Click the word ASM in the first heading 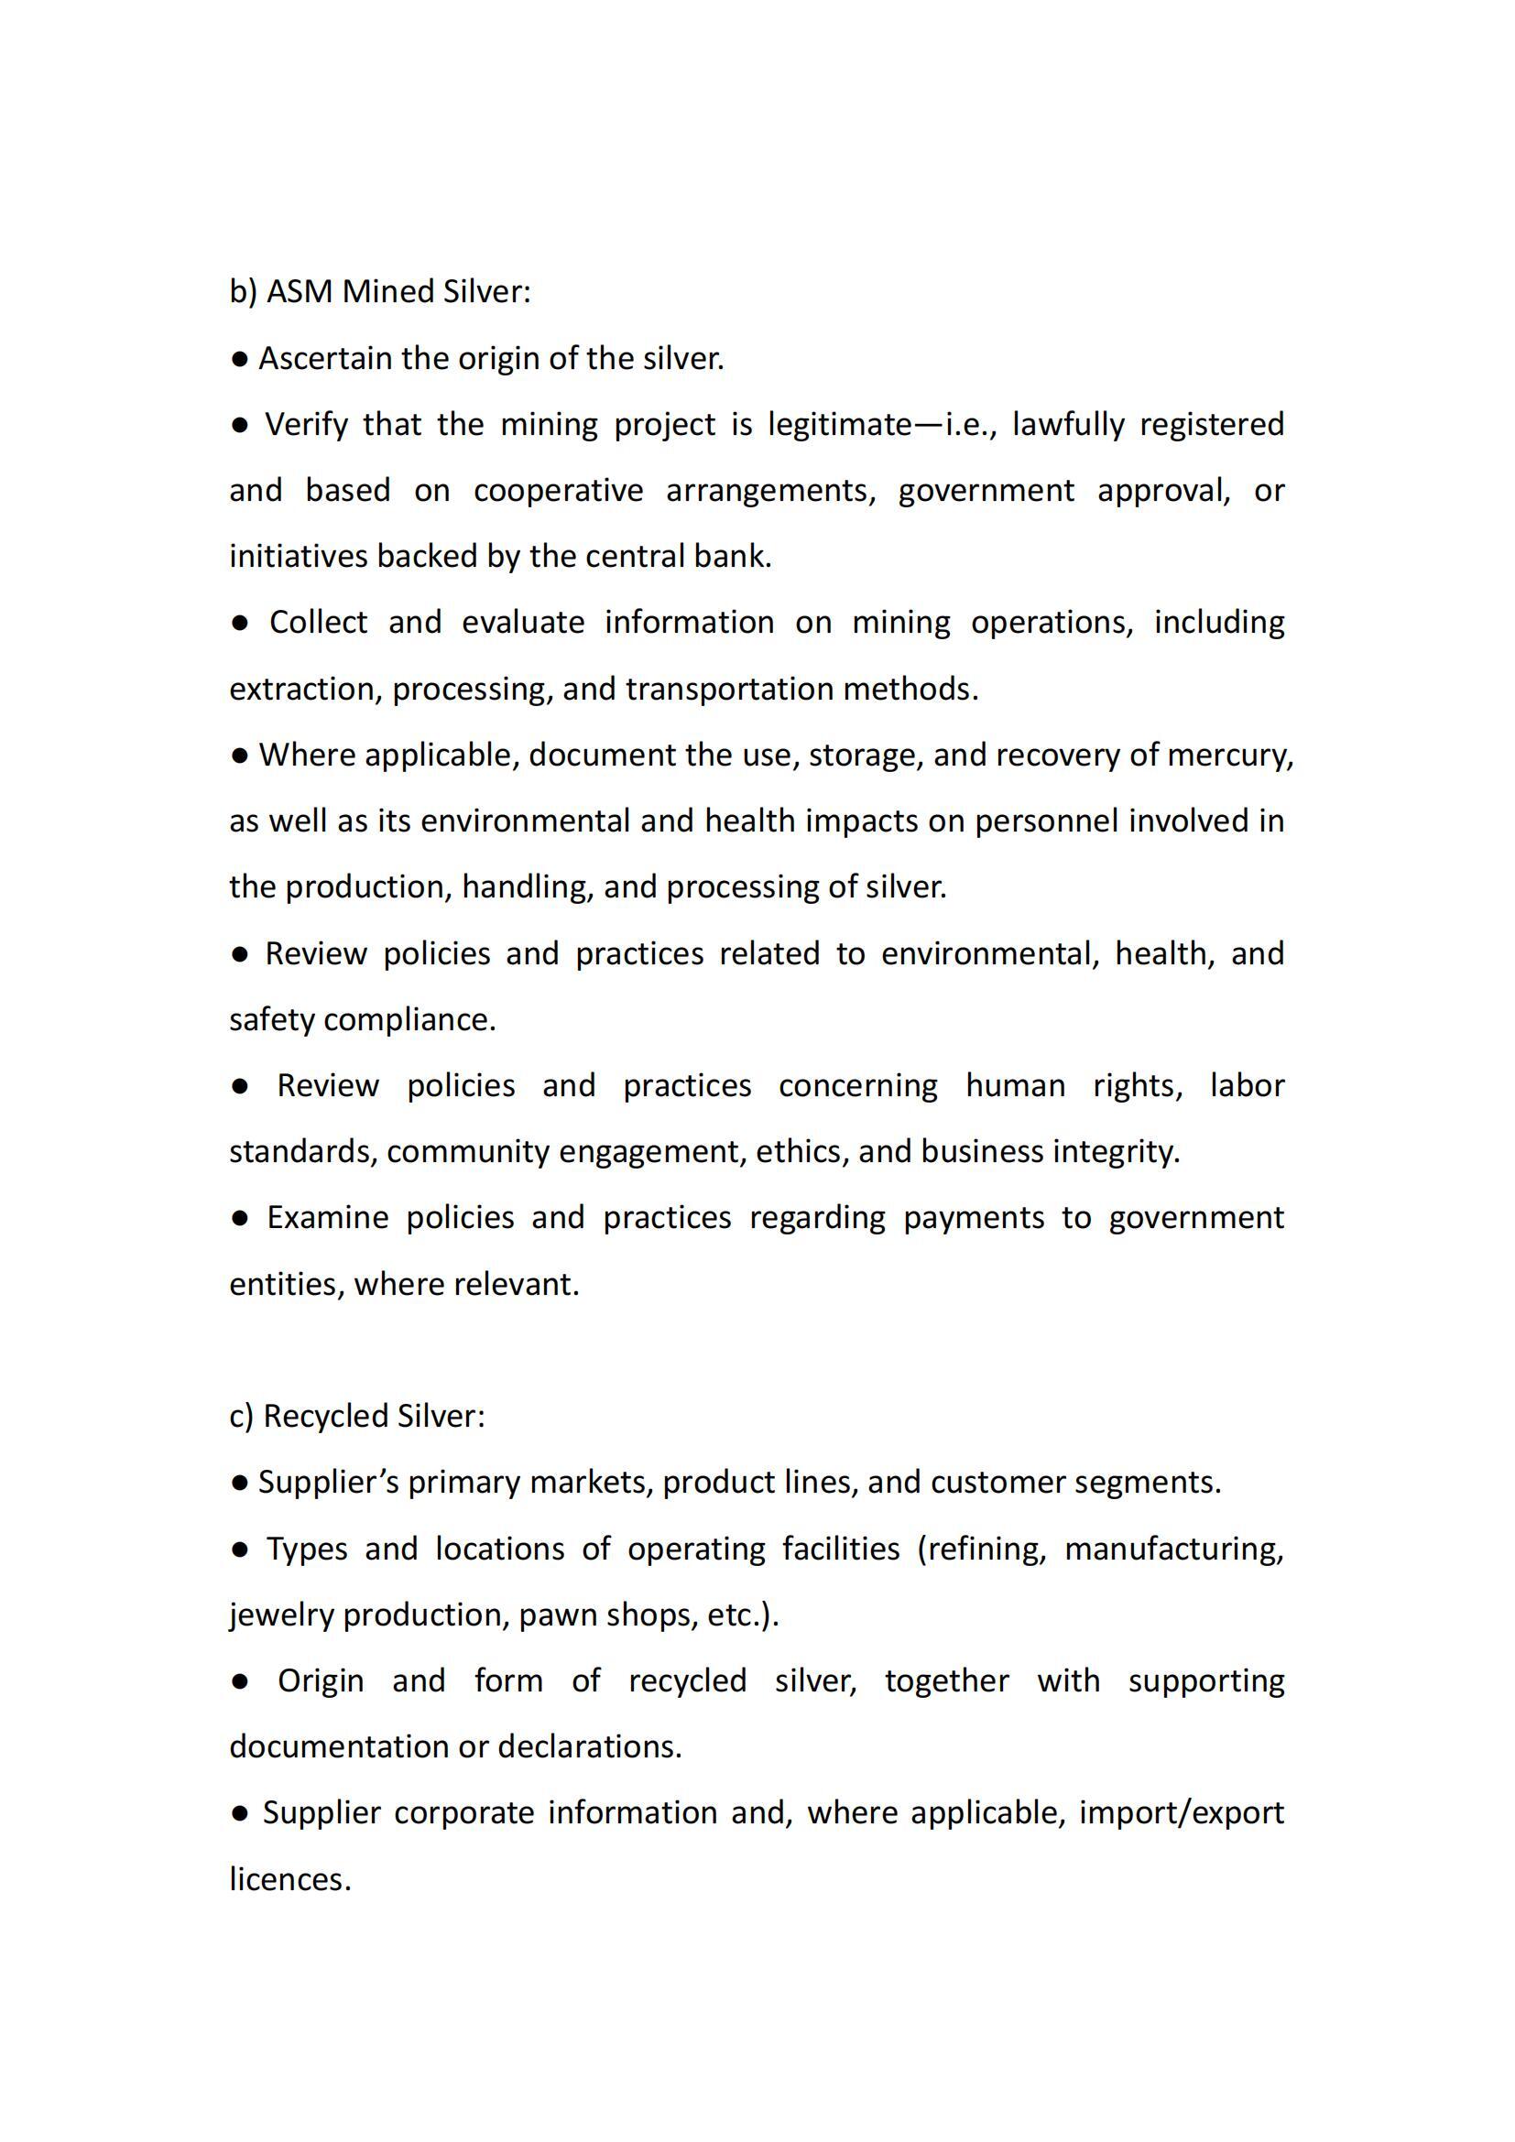tap(300, 292)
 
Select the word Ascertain tap(324, 358)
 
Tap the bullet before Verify tap(240, 426)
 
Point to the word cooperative tap(558, 491)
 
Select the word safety tap(271, 1019)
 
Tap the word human tap(1015, 1086)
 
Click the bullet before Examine tap(240, 1218)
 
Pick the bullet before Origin tap(240, 1681)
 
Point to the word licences tap(289, 1879)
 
